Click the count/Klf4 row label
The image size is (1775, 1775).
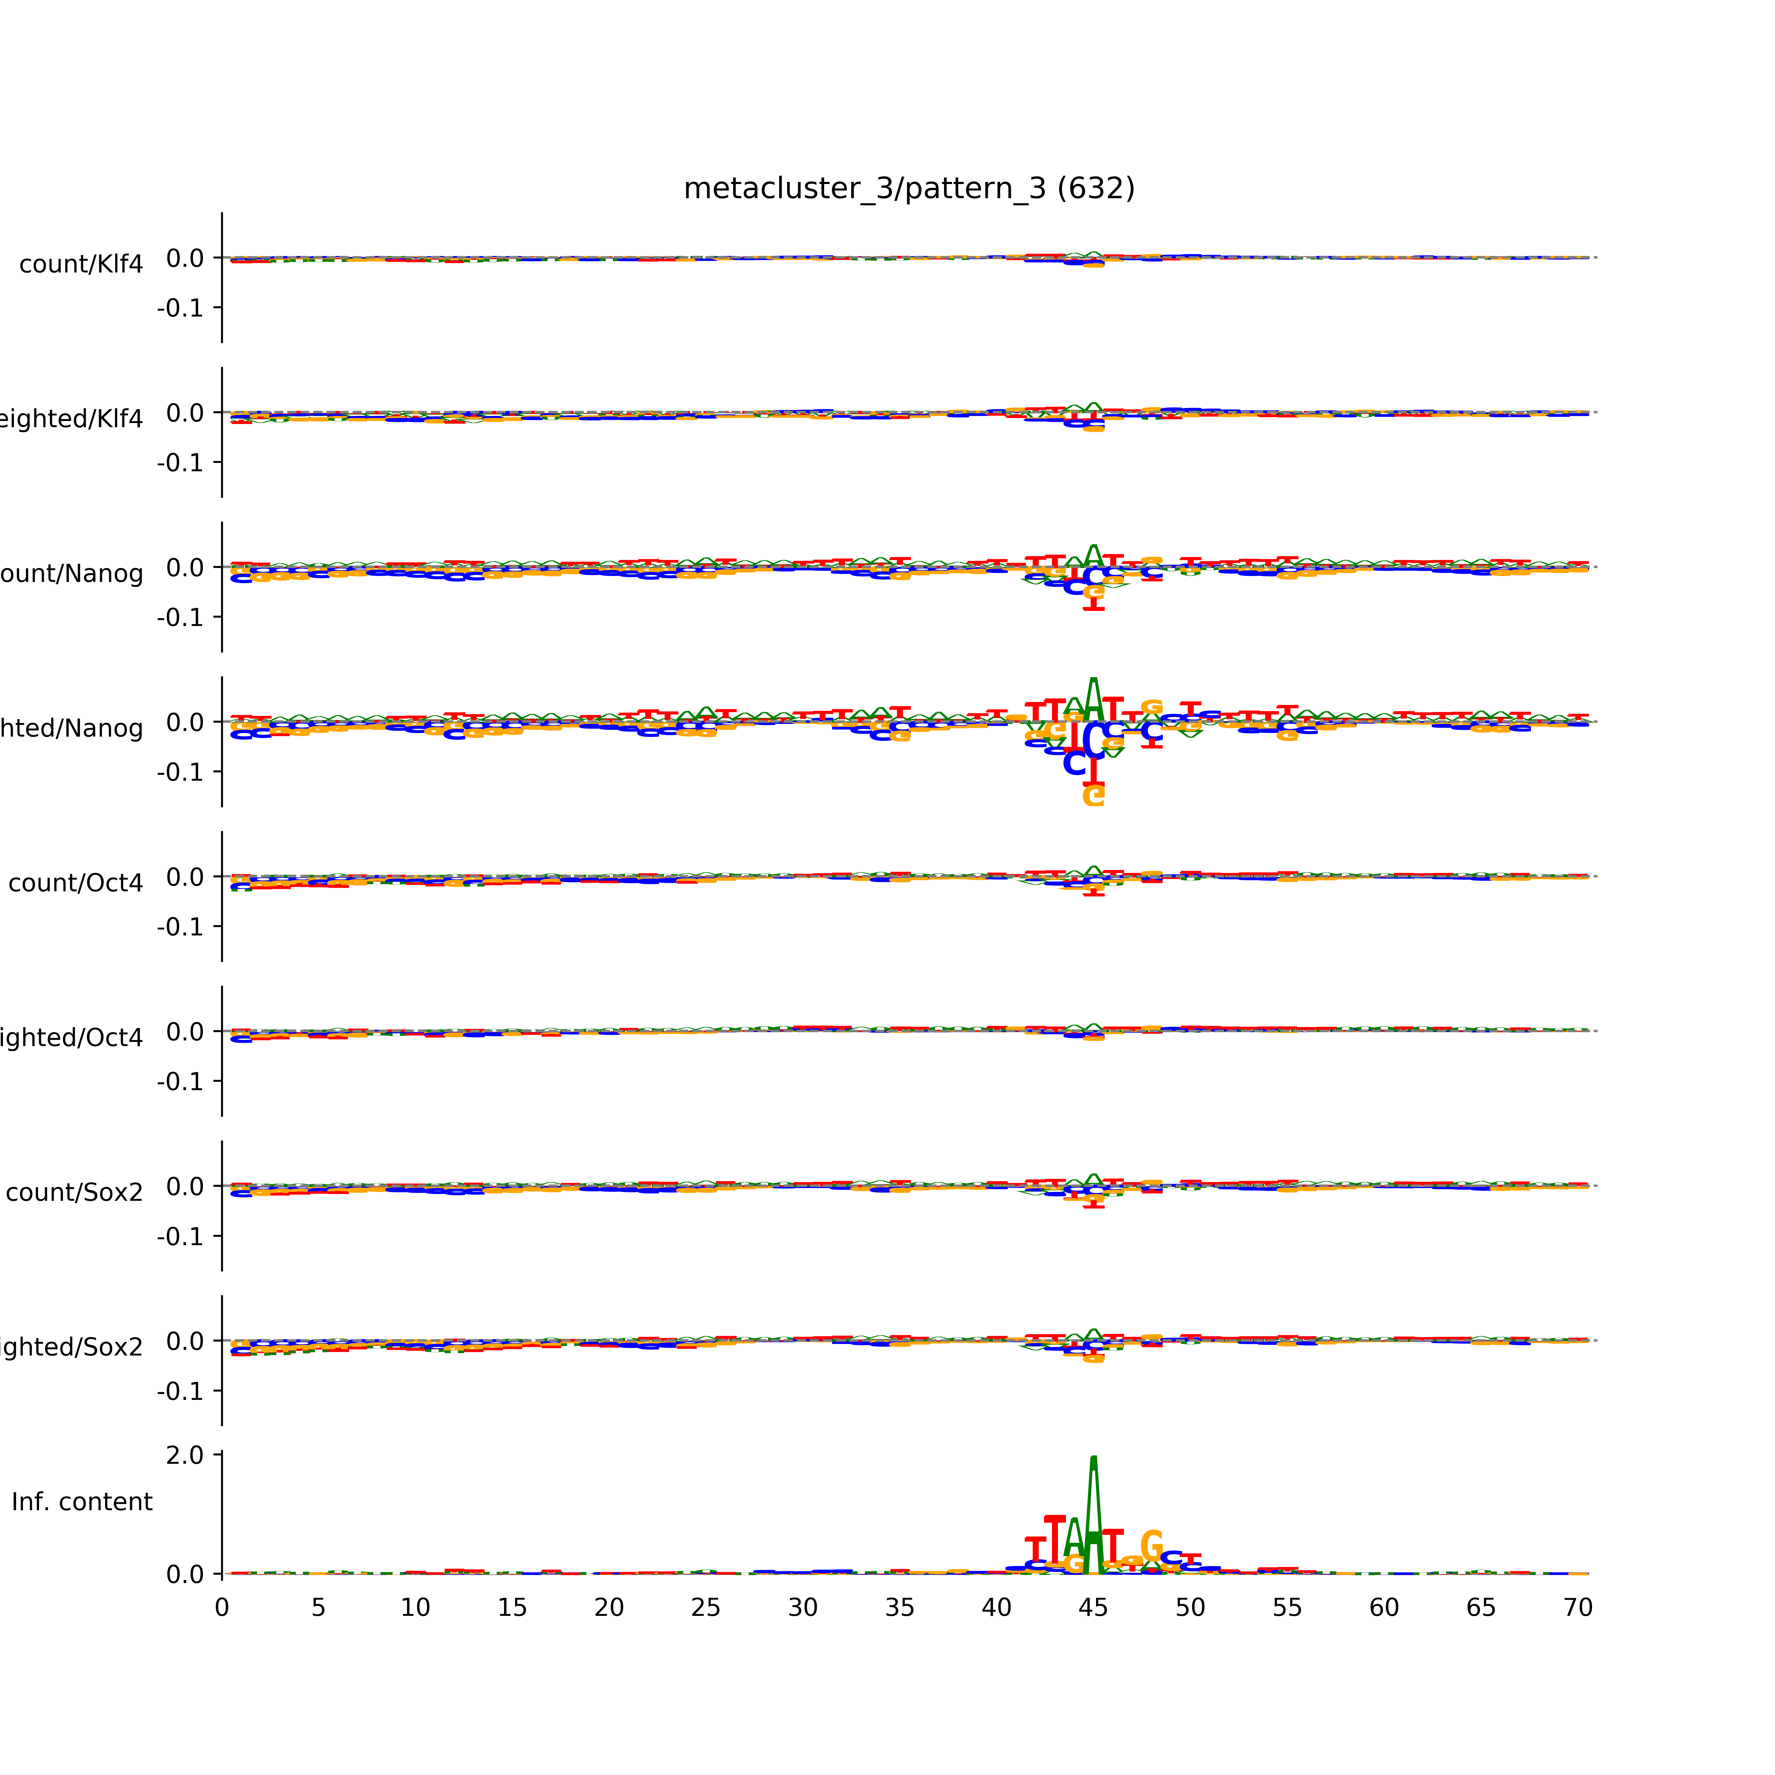coord(81,264)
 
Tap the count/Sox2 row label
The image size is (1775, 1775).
coord(75,1193)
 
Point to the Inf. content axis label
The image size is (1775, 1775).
coord(82,1502)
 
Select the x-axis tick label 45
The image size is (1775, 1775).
coord(1093,1608)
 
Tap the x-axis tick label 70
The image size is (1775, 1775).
coord(1577,1608)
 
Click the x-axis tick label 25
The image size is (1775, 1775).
coord(706,1608)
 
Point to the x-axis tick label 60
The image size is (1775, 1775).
coord(1384,1608)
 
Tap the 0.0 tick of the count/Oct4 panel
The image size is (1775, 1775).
coord(185,877)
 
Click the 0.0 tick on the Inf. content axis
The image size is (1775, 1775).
coord(185,1575)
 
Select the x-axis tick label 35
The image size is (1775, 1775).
coord(899,1608)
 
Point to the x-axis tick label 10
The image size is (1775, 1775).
coord(415,1608)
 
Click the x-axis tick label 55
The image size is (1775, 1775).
coord(1287,1608)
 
